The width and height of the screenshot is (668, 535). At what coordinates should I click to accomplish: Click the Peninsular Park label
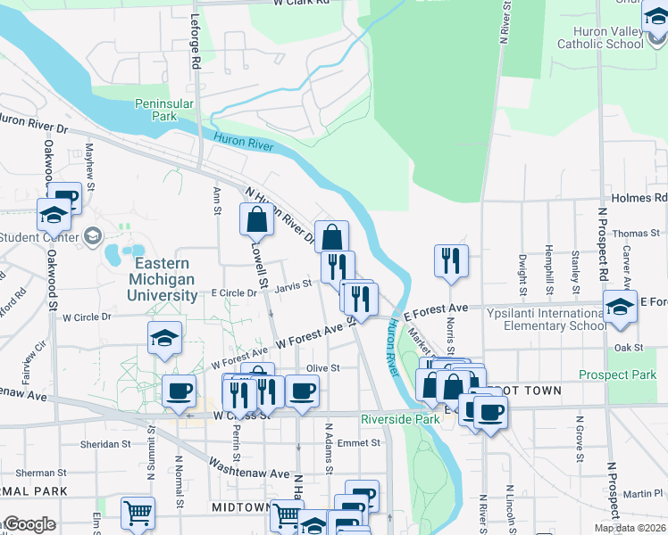pyautogui.click(x=164, y=110)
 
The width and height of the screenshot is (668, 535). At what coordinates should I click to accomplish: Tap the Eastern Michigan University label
pyautogui.click(x=162, y=279)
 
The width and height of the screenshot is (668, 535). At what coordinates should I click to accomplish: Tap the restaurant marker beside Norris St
pyautogui.click(x=451, y=261)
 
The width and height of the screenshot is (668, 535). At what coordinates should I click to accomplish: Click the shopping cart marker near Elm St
pyautogui.click(x=138, y=513)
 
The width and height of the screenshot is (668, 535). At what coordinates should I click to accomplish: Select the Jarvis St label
pyautogui.click(x=292, y=285)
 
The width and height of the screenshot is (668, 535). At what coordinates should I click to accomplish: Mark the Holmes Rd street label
pyautogui.click(x=639, y=198)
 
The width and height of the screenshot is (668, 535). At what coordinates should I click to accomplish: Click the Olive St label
pyautogui.click(x=323, y=367)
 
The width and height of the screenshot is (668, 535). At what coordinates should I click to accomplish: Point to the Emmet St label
pyautogui.click(x=341, y=442)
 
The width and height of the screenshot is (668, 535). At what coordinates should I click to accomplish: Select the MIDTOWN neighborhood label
pyautogui.click(x=239, y=506)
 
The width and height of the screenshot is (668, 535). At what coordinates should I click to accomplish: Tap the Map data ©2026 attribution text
pyautogui.click(x=630, y=528)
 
